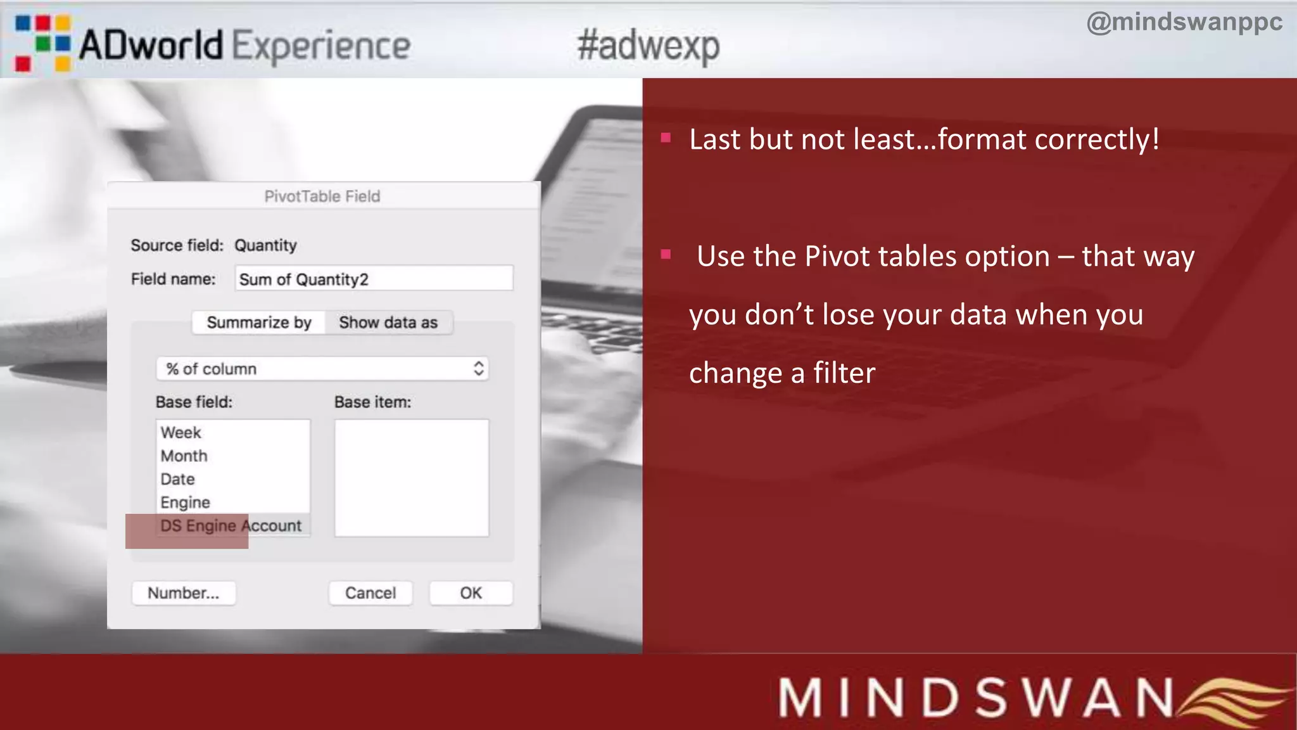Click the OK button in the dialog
(x=471, y=593)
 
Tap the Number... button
(x=184, y=593)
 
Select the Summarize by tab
(x=259, y=323)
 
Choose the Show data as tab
(x=388, y=323)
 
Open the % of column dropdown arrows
(x=479, y=369)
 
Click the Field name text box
(x=374, y=279)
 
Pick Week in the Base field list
(x=181, y=433)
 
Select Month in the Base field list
(x=184, y=456)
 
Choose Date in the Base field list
(x=178, y=480)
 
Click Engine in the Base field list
(x=186, y=503)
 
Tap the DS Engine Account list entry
(x=231, y=526)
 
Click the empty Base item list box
(x=412, y=478)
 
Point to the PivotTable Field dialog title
(x=322, y=196)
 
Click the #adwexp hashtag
(x=648, y=46)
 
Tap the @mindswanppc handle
(x=1184, y=22)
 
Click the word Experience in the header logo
(x=321, y=46)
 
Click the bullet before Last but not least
(x=666, y=138)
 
